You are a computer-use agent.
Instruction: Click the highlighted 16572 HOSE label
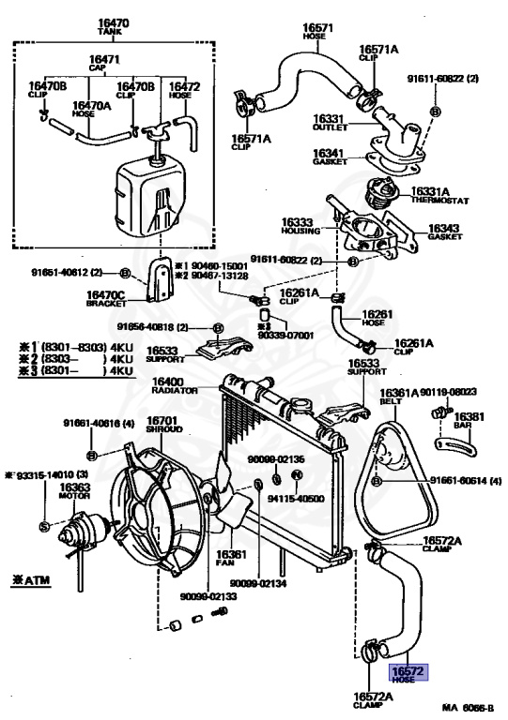point(408,674)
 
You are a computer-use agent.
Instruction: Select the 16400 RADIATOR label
point(174,385)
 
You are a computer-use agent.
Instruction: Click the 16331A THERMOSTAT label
point(439,196)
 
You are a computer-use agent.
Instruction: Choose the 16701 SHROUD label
point(164,425)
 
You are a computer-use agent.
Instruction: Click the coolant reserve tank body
point(150,198)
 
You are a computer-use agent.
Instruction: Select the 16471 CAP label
point(104,63)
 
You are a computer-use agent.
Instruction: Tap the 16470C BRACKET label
point(106,298)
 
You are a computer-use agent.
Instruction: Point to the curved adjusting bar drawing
point(455,448)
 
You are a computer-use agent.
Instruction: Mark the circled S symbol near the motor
point(44,527)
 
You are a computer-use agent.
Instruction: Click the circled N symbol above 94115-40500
point(297,474)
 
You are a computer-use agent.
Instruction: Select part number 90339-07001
point(286,336)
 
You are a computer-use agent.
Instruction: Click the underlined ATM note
point(30,580)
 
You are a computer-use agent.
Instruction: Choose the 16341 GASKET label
point(330,157)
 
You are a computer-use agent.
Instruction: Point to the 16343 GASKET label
point(444,232)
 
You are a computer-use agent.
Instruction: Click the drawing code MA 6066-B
point(468,708)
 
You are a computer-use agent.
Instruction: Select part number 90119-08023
point(448,392)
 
